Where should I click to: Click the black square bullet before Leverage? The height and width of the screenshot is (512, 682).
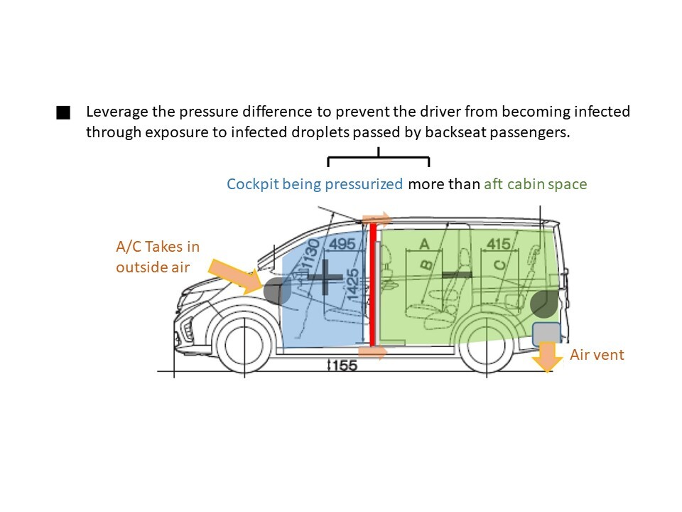click(63, 112)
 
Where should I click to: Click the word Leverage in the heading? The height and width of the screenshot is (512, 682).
click(117, 112)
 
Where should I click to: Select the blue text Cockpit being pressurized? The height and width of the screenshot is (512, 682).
click(315, 184)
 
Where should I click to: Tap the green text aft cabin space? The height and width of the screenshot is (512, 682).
click(536, 184)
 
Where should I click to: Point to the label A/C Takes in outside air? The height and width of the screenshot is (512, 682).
click(158, 257)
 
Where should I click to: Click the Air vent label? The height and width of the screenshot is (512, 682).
click(597, 355)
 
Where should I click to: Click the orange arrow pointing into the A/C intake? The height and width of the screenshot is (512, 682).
click(235, 275)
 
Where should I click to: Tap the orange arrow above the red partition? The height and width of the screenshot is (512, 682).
click(377, 219)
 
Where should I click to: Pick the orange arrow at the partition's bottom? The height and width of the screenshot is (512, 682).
click(372, 352)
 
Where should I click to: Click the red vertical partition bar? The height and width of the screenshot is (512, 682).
click(373, 284)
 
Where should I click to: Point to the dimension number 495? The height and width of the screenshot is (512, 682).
click(342, 244)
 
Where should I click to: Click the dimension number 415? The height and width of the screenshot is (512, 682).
click(499, 244)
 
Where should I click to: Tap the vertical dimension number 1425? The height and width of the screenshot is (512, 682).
click(352, 284)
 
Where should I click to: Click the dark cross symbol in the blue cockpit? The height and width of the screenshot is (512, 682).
click(325, 277)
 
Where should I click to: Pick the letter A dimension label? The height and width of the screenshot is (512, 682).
click(424, 244)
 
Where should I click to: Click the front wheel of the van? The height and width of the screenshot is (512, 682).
click(244, 346)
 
